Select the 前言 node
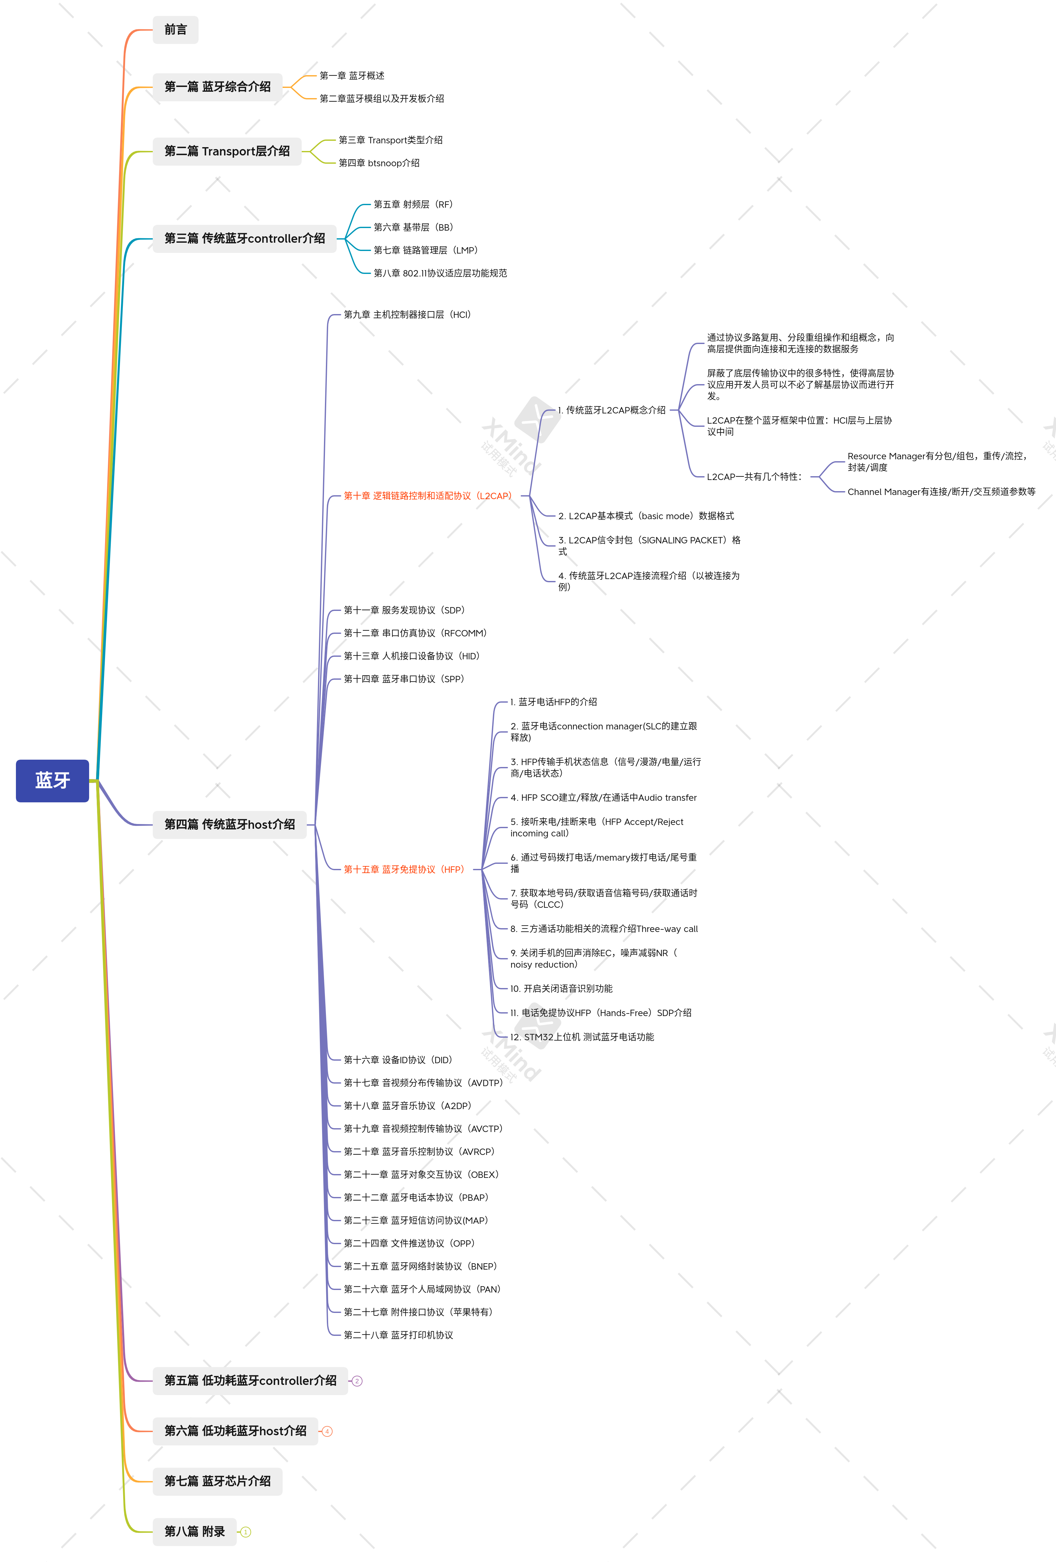coord(175,30)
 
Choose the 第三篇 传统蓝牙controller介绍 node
coord(244,239)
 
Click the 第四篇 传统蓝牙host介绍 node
coord(230,825)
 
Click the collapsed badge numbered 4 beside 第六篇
coord(327,1432)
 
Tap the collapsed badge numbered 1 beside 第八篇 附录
coord(246,1532)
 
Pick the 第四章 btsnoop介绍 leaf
coord(379,163)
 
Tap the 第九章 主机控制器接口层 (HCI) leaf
coord(407,315)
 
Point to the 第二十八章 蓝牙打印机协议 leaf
coord(398,1336)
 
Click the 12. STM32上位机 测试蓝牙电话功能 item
coord(582,1037)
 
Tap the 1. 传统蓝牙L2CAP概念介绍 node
coord(611,410)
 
